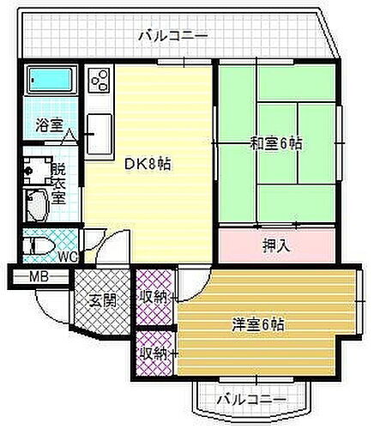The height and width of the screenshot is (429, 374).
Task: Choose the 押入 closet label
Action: (274, 244)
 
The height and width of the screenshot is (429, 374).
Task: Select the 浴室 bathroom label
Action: (48, 124)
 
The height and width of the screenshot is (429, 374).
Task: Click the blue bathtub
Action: (51, 81)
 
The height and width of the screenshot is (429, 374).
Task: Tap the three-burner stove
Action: (99, 82)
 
